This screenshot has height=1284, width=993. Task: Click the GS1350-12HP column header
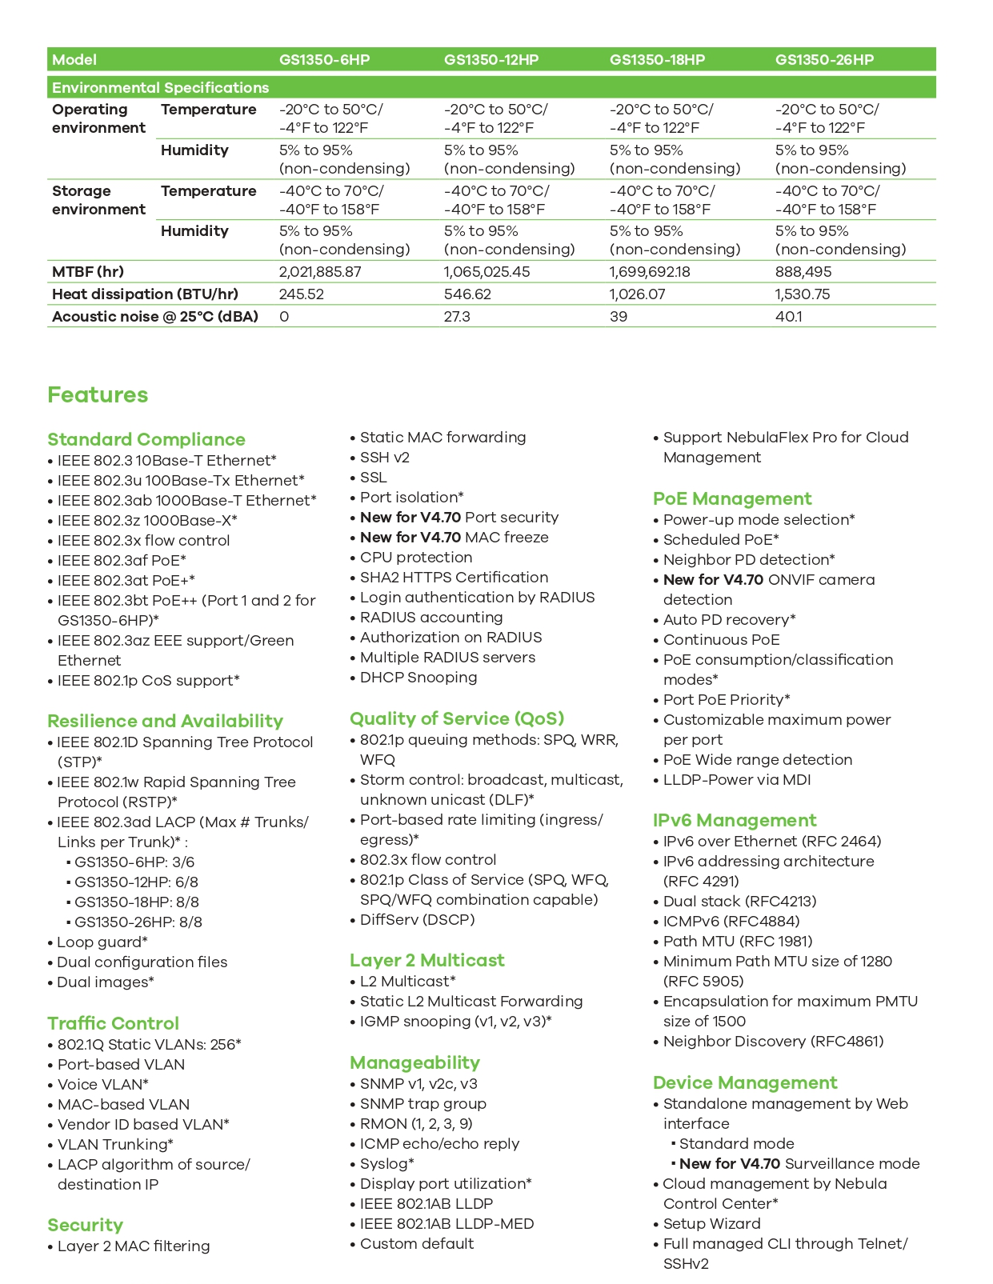pos(491,60)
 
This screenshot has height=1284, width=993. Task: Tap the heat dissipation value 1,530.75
pos(803,294)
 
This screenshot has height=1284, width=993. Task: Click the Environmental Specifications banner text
pos(160,88)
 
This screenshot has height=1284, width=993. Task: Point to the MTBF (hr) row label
pos(88,272)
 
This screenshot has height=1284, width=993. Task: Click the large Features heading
pos(98,395)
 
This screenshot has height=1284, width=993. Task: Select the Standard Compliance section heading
pos(146,439)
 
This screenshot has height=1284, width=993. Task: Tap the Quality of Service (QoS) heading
pos(457,718)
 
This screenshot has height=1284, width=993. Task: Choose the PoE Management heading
pos(732,498)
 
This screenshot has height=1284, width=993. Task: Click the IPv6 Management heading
pos(735,820)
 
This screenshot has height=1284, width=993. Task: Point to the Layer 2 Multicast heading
pos(427,960)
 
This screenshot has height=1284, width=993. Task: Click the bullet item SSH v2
pos(385,458)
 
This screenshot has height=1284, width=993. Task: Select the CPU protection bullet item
pos(416,558)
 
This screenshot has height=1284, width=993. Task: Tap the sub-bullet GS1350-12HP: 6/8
pos(136,882)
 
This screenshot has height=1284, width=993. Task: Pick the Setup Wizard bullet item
pos(712,1224)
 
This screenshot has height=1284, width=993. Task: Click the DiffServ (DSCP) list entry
pos(418,920)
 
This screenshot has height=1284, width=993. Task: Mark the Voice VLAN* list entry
pos(103,1085)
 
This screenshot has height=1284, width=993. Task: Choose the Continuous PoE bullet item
pos(722,640)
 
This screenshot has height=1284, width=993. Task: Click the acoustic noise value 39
pos(619,317)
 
